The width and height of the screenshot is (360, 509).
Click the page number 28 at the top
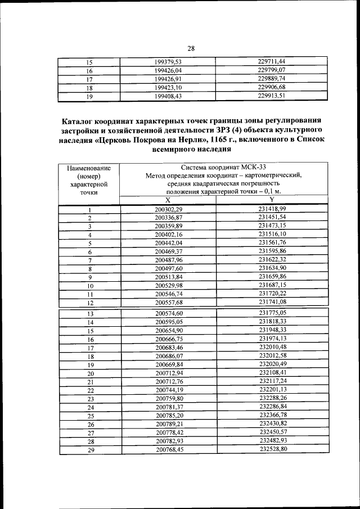191,48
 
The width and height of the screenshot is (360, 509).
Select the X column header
168,200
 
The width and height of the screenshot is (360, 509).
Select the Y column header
272,200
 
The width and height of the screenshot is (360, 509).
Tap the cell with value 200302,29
169,210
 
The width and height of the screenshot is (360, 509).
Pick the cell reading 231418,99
273,209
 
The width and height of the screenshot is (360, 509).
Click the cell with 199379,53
169,62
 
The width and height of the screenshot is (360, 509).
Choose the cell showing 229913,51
273,96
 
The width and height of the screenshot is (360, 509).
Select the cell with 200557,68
169,303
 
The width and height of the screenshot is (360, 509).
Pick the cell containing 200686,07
169,356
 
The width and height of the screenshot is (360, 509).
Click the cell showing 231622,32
273,259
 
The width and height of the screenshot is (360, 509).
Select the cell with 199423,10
169,88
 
